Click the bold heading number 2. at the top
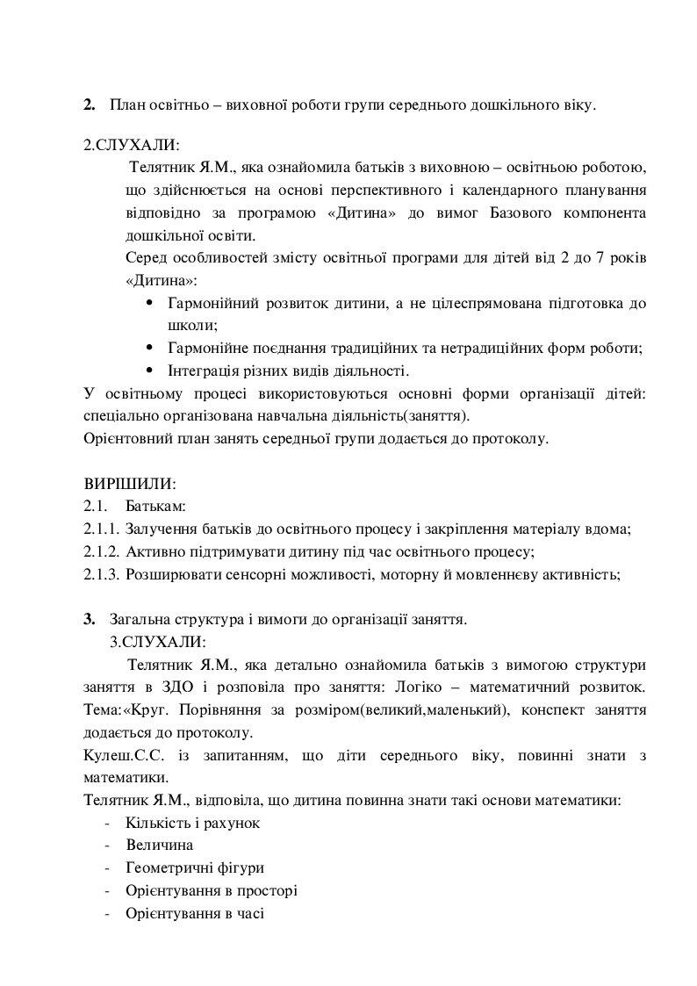click(x=90, y=105)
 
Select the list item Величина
click(x=160, y=846)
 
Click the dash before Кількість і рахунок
click(x=106, y=823)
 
